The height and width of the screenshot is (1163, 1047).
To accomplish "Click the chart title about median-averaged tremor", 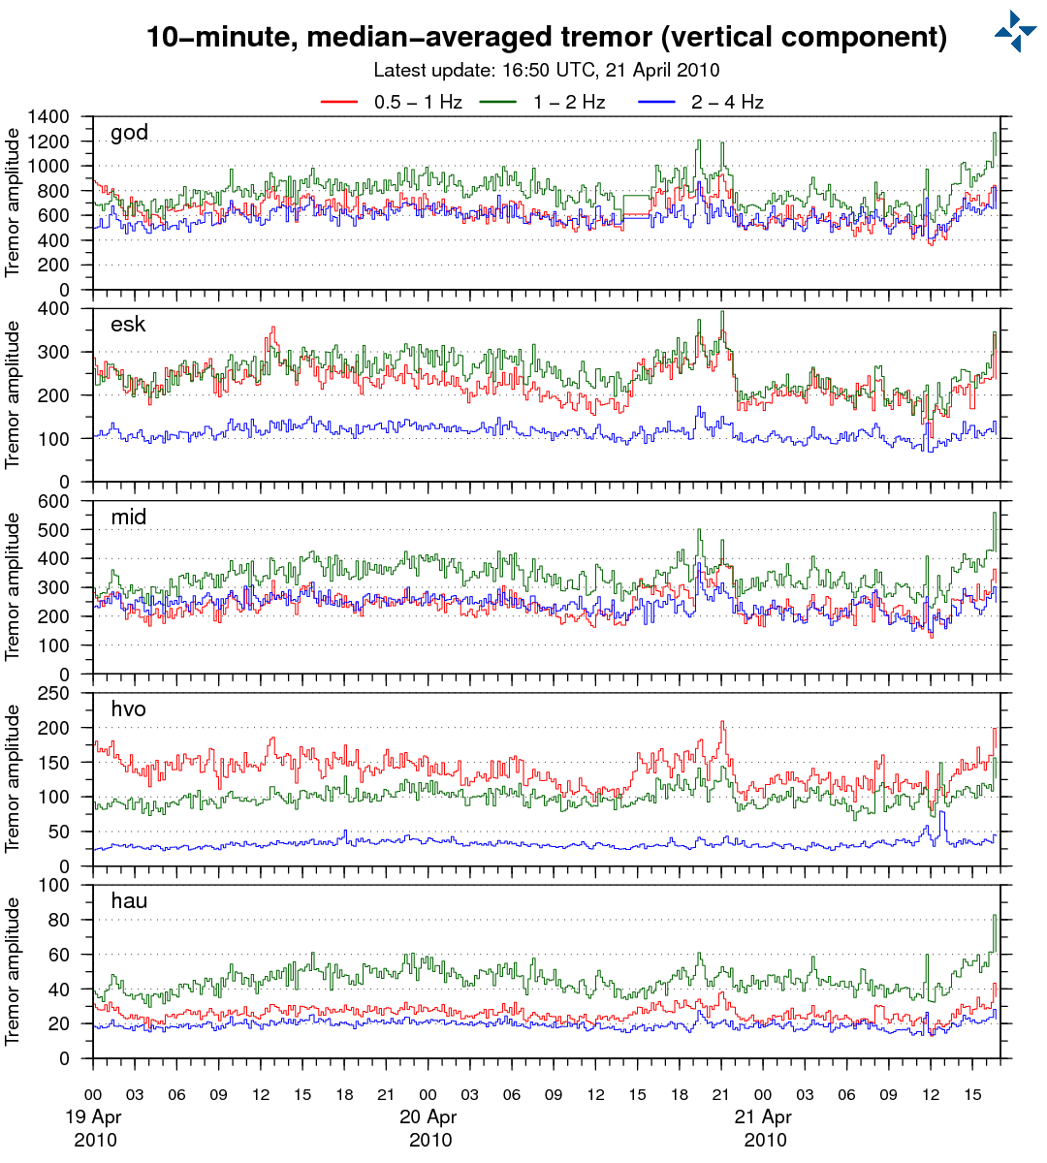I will [546, 38].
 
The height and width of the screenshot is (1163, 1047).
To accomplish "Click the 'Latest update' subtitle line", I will [546, 70].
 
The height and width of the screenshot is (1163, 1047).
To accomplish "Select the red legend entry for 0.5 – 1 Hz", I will [418, 102].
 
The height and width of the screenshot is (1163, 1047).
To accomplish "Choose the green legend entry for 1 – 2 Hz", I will [569, 102].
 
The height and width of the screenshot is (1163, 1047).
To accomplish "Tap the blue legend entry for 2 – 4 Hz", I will [727, 102].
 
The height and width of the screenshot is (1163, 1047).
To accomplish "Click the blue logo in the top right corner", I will [1015, 31].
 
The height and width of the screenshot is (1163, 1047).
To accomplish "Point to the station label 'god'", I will [129, 133].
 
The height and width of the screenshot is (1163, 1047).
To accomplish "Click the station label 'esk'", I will [128, 324].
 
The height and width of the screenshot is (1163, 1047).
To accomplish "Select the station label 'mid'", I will [129, 517].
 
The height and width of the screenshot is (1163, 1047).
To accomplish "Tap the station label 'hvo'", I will [129, 708].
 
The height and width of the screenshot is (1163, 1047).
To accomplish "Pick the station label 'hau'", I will [129, 900].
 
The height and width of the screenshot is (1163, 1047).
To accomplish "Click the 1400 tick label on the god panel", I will [48, 117].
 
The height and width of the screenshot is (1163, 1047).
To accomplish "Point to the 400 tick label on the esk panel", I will [54, 309].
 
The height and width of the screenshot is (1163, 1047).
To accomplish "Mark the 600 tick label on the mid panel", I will [54, 501].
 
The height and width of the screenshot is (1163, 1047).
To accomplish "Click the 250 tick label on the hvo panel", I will [54, 693].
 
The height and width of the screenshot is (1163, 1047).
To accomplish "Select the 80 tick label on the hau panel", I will [60, 920].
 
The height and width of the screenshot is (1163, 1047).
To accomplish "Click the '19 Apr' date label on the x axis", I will [93, 1116].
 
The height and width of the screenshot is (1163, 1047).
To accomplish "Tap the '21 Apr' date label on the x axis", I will [764, 1116].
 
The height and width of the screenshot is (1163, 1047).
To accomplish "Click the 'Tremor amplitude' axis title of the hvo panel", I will [13, 778].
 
